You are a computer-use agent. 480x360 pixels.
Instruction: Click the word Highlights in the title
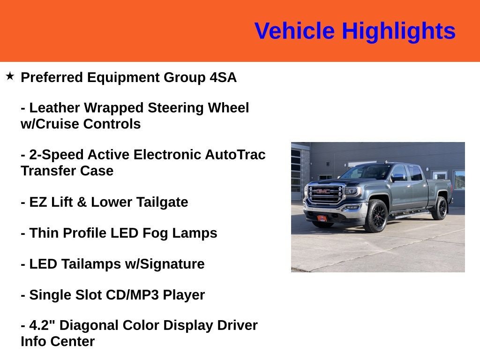tap(398, 31)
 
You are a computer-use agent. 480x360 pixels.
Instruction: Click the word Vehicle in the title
tap(294, 31)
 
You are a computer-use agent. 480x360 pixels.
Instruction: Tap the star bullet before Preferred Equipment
tap(10, 76)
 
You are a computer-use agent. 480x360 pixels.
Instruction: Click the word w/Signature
tap(165, 264)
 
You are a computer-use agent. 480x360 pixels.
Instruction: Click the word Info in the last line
tap(33, 342)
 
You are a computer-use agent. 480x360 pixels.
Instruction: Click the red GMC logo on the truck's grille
tap(323, 191)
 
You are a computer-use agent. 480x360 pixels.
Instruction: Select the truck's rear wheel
tap(440, 208)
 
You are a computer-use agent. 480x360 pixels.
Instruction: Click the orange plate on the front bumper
tap(322, 217)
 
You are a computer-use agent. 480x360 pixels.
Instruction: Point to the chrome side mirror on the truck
tap(397, 178)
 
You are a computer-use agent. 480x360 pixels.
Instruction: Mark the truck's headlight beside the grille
tap(352, 191)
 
